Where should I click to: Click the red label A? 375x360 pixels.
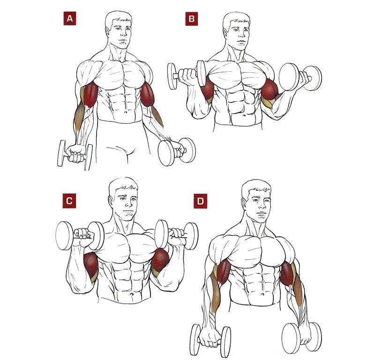(x=69, y=19)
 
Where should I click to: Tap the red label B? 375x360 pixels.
(x=192, y=19)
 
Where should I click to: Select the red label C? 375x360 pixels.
(x=69, y=201)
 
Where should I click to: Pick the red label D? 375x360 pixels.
(x=201, y=201)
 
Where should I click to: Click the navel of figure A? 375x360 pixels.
(x=126, y=112)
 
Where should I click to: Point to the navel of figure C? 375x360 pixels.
(x=131, y=294)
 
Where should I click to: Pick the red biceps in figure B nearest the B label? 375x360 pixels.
(x=207, y=89)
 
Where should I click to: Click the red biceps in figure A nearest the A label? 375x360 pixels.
(x=90, y=94)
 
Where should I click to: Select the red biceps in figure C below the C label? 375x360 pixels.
(x=91, y=264)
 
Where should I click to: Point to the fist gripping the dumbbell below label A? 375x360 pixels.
(x=75, y=154)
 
